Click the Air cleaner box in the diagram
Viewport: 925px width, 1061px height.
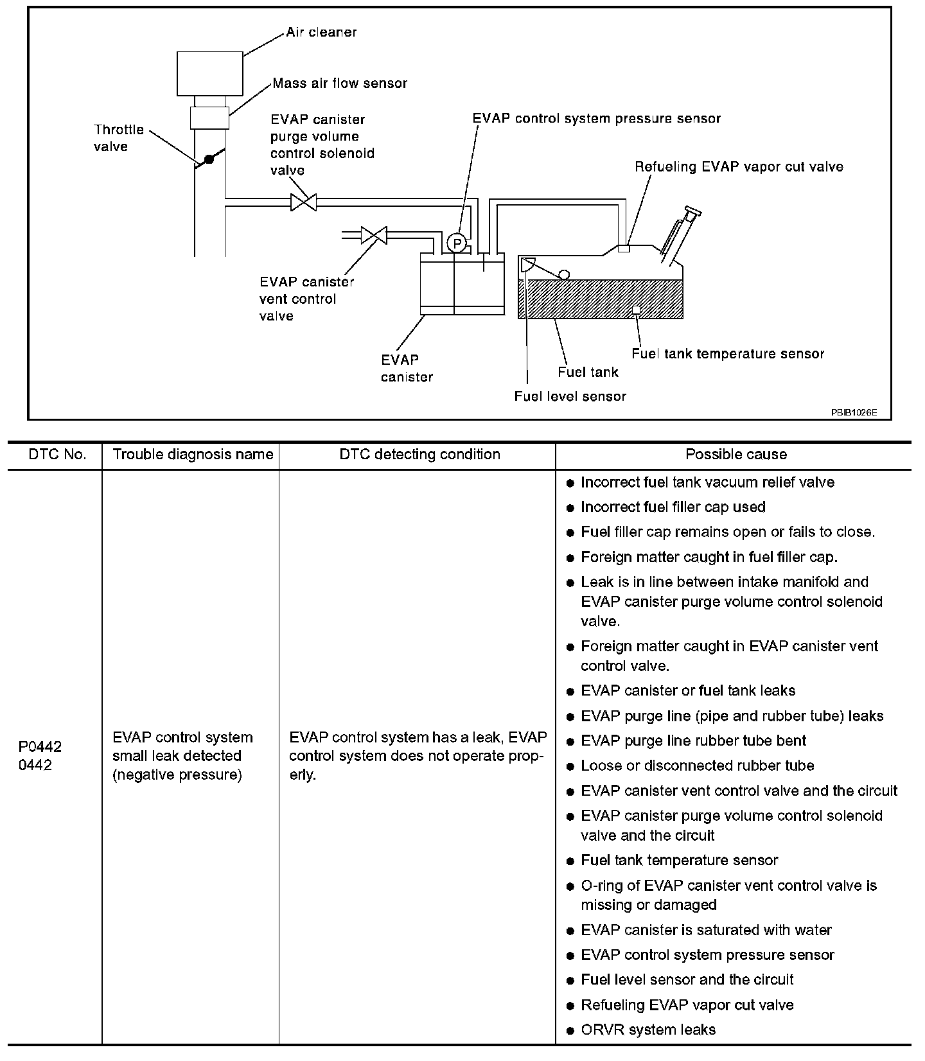pyautogui.click(x=209, y=73)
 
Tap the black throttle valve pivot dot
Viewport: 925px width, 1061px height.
pyautogui.click(x=208, y=159)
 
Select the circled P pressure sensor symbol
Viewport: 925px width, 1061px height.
pyautogui.click(x=457, y=243)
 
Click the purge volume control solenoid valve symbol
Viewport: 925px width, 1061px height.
pyautogui.click(x=303, y=202)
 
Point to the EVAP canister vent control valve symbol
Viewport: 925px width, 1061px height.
pyautogui.click(x=373, y=235)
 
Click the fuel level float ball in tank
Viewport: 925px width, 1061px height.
pyautogui.click(x=563, y=274)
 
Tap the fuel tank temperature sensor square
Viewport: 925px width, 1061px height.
pyautogui.click(x=636, y=310)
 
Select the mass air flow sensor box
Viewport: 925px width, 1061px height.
pyautogui.click(x=209, y=118)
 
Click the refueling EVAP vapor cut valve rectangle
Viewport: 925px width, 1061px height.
pyautogui.click(x=623, y=248)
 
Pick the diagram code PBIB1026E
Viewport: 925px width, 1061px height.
pyautogui.click(x=854, y=412)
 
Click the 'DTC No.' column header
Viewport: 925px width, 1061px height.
pyautogui.click(x=57, y=455)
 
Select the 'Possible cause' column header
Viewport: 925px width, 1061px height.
pyautogui.click(x=736, y=455)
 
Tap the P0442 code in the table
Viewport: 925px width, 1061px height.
pyautogui.click(x=40, y=746)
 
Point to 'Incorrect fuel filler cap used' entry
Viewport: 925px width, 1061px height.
pyautogui.click(x=673, y=507)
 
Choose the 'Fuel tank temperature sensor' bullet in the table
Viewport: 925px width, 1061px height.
pyautogui.click(x=679, y=860)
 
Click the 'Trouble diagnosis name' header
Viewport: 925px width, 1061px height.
pyautogui.click(x=193, y=455)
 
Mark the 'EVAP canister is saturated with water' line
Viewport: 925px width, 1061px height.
pyautogui.click(x=705, y=930)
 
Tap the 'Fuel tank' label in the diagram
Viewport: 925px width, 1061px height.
pyautogui.click(x=588, y=372)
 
